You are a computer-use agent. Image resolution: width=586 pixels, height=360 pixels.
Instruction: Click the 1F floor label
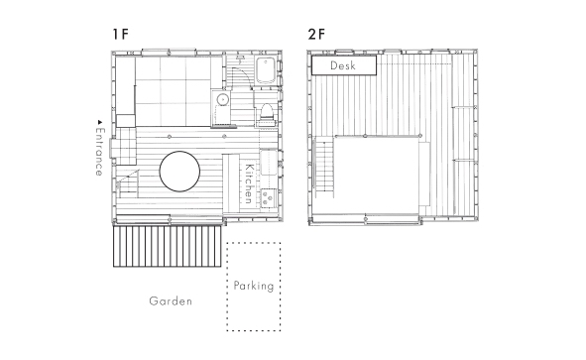[120, 34]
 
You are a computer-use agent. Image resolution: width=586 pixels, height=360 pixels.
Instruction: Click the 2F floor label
[316, 34]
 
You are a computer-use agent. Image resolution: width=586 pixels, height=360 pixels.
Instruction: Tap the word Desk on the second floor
[343, 65]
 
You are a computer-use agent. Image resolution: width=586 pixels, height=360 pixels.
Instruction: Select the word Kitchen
[249, 183]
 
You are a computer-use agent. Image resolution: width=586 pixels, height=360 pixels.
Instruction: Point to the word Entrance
[99, 152]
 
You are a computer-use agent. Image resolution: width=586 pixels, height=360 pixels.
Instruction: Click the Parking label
[254, 286]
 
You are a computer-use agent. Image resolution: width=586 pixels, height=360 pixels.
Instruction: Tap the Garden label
[171, 300]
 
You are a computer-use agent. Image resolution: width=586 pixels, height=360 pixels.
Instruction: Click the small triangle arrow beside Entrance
[99, 122]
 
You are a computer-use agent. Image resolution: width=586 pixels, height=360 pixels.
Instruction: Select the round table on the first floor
[179, 172]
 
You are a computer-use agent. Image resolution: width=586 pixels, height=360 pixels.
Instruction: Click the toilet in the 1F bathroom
[266, 112]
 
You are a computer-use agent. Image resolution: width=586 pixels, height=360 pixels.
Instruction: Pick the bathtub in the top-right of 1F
[266, 70]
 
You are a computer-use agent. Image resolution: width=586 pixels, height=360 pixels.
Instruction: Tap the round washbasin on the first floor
[223, 99]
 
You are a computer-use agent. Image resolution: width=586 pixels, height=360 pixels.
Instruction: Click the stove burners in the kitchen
[269, 198]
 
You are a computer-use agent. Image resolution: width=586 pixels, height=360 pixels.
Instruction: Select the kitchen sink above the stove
[269, 163]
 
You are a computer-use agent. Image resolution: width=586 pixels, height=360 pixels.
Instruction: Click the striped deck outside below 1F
[167, 246]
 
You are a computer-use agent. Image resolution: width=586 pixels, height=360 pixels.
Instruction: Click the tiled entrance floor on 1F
[126, 146]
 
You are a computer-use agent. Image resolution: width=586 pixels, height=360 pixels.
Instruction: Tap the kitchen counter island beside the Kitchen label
[231, 183]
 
